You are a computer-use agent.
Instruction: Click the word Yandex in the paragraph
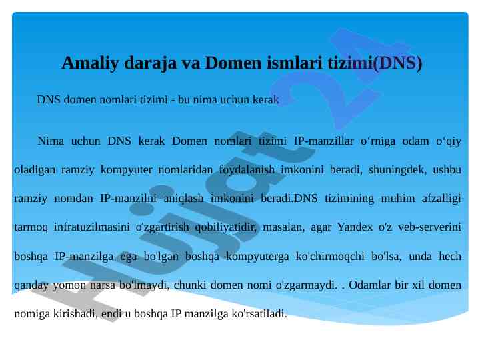355,227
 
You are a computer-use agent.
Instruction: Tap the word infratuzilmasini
92,227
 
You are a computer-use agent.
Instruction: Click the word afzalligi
441,199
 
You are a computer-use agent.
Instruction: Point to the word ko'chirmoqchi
330,256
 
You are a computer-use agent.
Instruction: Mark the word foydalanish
247,170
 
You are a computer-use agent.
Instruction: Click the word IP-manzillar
324,141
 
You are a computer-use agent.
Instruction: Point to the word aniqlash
183,199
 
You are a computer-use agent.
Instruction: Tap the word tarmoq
31,227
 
